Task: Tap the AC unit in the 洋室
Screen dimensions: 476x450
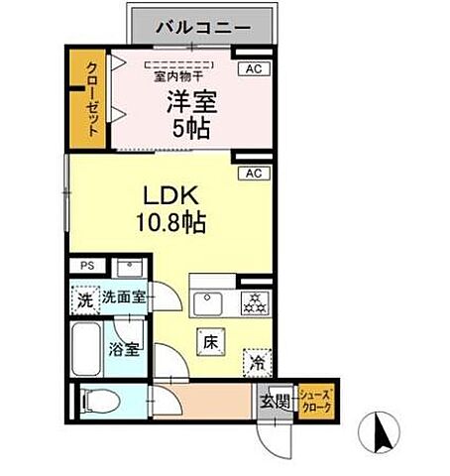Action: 252,69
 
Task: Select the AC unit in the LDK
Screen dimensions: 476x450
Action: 252,174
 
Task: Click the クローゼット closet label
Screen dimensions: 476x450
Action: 91,99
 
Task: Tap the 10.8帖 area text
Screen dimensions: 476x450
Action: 172,223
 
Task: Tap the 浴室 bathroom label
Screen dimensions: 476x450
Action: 125,349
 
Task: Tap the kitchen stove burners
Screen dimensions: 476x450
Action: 254,302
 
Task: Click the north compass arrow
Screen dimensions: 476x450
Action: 383,432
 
